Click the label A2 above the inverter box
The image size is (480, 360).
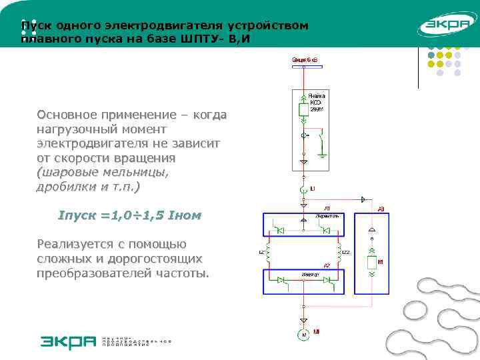click(x=327, y=265)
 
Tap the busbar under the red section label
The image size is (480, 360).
click(x=303, y=68)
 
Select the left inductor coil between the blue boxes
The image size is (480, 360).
click(x=268, y=253)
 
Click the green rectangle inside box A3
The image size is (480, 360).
click(x=371, y=261)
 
